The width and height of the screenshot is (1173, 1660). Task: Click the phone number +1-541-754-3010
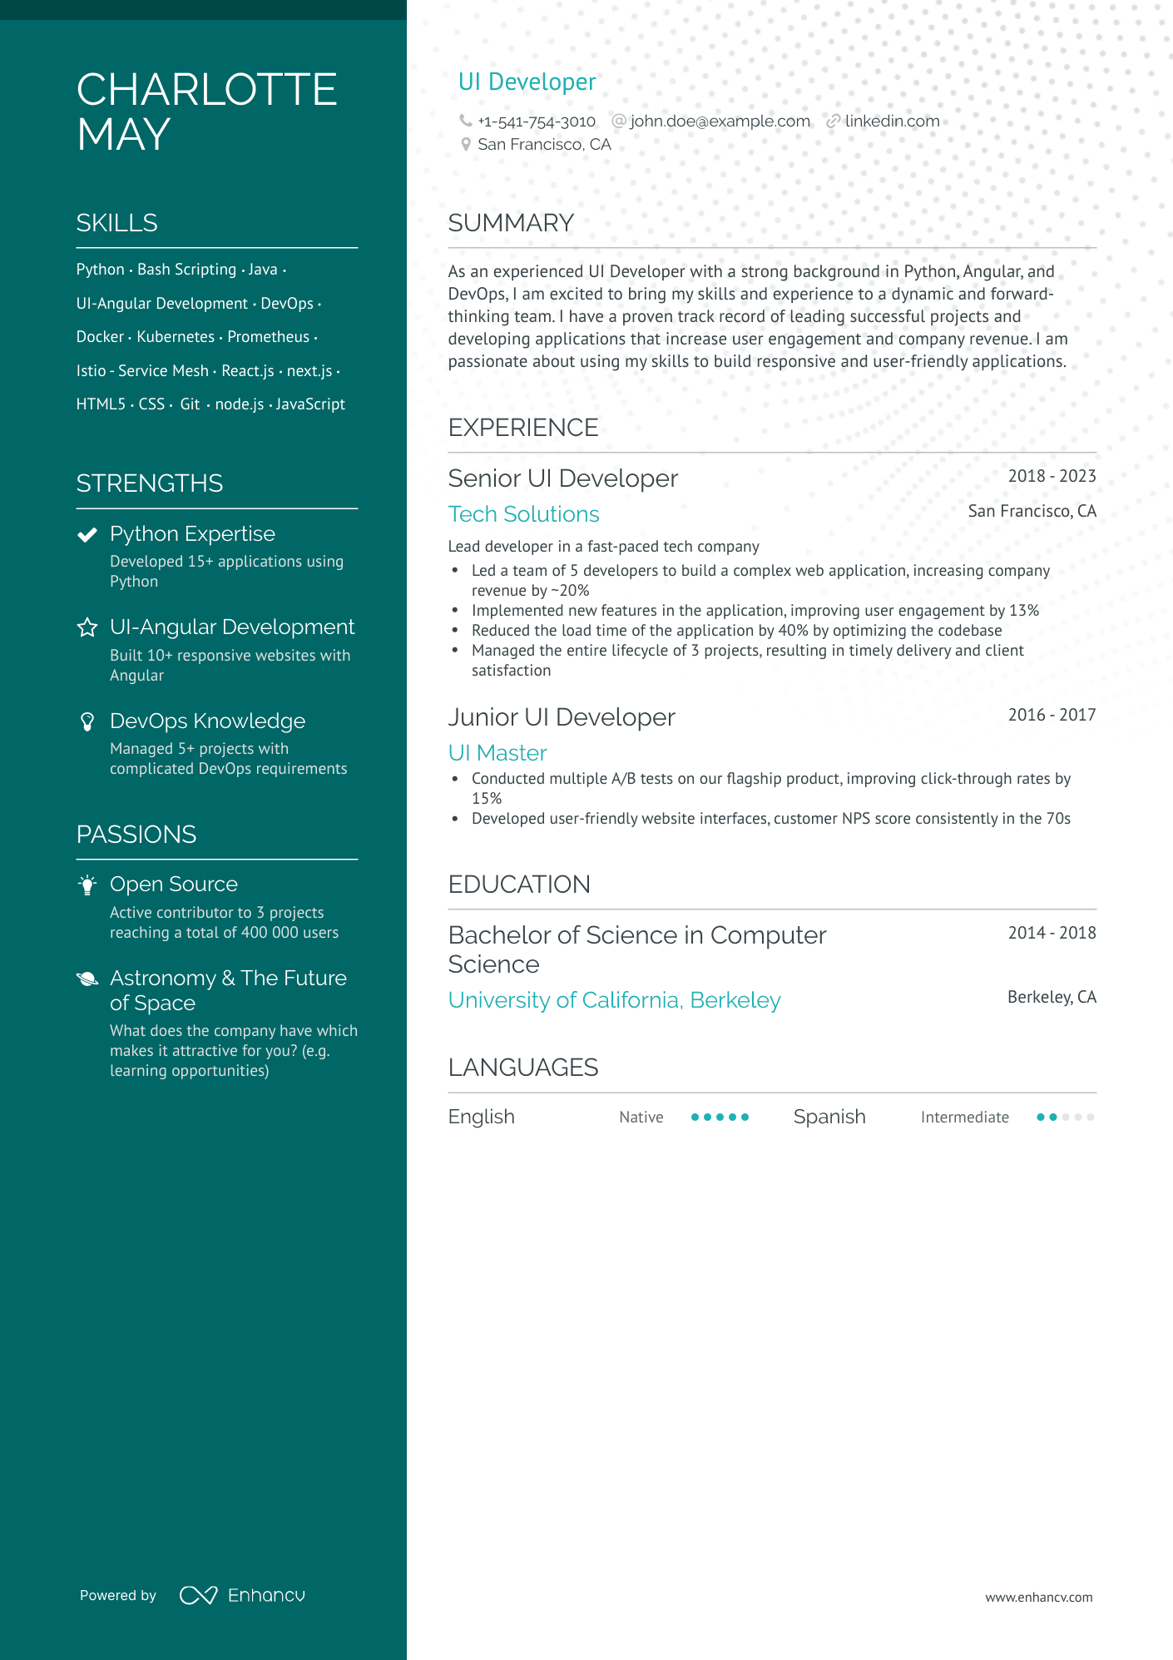[537, 121]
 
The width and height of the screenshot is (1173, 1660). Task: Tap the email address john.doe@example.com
[720, 121]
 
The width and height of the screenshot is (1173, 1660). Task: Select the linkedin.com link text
[892, 121]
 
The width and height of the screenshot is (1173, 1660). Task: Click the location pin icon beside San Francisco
[466, 145]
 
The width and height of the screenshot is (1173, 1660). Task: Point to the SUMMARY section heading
[511, 223]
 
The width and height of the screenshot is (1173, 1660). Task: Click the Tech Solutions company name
[523, 514]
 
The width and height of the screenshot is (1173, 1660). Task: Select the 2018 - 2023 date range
[1052, 476]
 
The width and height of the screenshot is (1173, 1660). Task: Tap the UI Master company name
[497, 753]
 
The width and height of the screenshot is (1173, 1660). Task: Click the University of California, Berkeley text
[614, 1000]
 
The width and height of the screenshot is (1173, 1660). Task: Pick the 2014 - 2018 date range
[1052, 933]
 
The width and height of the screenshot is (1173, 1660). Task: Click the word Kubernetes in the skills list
[176, 337]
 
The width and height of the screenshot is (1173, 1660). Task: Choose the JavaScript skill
[310, 404]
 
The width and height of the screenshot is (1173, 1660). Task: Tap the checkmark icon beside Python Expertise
[87, 534]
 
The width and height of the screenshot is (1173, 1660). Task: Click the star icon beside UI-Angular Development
[87, 627]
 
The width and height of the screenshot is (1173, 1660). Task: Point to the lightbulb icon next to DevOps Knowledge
[87, 721]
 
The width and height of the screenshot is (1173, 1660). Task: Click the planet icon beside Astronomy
[87, 979]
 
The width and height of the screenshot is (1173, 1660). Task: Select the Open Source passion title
[174, 885]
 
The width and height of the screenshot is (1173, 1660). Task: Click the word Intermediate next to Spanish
[964, 1117]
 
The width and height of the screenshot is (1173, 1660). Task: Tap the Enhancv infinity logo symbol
[199, 1595]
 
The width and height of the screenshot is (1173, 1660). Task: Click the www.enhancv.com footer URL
[1038, 1598]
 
